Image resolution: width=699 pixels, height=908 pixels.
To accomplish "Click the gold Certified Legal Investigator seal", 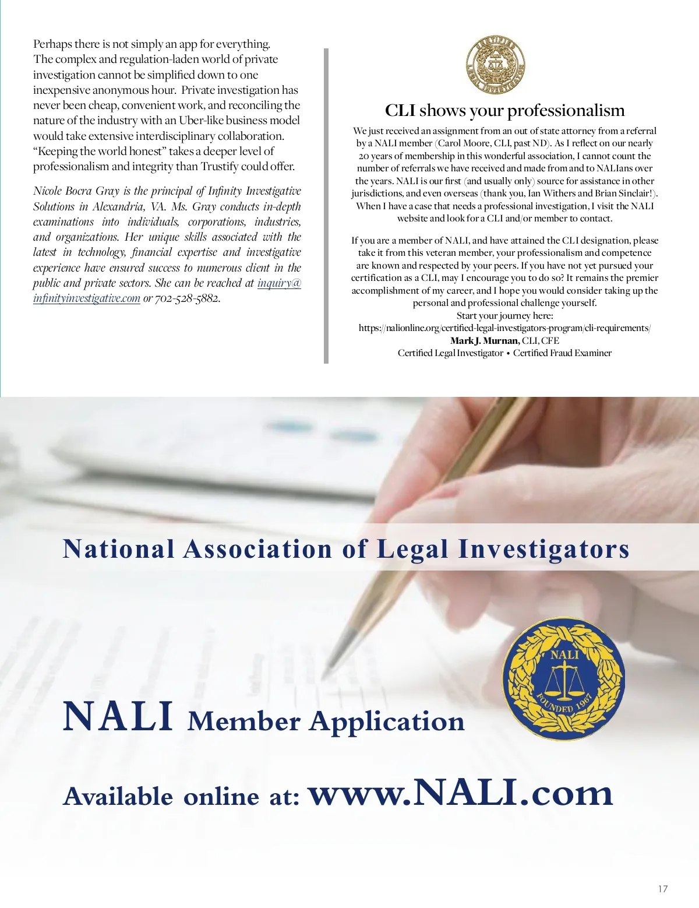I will (496, 64).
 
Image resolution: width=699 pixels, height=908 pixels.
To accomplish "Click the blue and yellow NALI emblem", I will (563, 679).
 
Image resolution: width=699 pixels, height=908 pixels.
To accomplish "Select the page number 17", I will (663, 889).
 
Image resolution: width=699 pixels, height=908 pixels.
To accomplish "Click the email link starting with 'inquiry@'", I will (279, 283).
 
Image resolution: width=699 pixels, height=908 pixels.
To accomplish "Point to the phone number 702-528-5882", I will (187, 298).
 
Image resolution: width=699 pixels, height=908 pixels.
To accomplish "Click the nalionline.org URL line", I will (504, 328).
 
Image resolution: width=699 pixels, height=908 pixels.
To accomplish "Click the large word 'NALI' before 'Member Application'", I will (118, 716).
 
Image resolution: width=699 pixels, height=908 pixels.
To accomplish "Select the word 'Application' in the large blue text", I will (387, 722).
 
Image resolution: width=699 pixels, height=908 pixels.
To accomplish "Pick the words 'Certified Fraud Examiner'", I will (562, 353).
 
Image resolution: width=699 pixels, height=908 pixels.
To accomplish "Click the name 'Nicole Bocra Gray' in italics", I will (76, 191).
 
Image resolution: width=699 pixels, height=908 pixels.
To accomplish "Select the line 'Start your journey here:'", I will (504, 316).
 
